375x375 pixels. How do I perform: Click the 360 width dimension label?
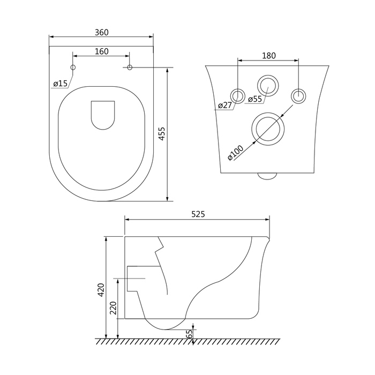(x=101, y=32)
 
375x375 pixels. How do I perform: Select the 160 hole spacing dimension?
(x=101, y=51)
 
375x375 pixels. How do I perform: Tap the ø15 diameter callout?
(x=60, y=83)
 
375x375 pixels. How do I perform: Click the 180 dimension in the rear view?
(x=268, y=55)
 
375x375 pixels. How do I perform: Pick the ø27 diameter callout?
(x=224, y=105)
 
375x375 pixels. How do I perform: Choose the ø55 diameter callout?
(x=254, y=99)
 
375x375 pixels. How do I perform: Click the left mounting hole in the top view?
(x=73, y=67)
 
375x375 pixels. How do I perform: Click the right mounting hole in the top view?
(x=130, y=67)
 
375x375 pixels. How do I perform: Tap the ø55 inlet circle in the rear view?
(x=268, y=85)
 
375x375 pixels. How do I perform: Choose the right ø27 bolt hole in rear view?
(x=298, y=95)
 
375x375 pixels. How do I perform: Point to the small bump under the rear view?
(x=266, y=175)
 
